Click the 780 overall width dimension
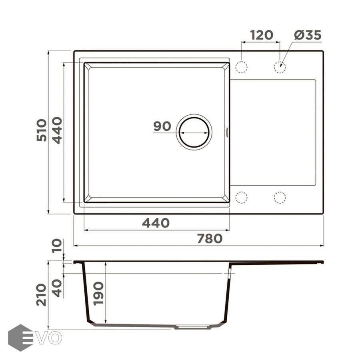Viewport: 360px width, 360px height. coord(210,238)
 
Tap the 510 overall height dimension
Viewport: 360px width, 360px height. coord(42,130)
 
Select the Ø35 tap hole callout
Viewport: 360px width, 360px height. coord(308,35)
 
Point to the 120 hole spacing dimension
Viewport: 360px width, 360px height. coord(261,35)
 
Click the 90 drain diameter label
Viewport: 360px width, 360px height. coord(162,126)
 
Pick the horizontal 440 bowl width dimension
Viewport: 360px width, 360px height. coord(156,223)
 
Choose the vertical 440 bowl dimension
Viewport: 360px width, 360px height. coord(57,130)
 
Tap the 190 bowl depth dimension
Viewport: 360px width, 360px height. coord(98,294)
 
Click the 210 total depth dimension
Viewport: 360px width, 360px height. coord(42,295)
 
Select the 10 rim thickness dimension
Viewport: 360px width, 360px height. coord(57,246)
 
